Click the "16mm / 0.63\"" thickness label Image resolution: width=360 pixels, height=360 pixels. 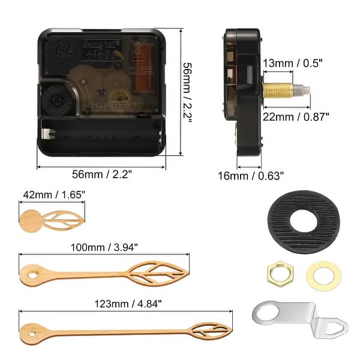pos(251,175)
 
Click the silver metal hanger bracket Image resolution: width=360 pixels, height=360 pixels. pos(297,317)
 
